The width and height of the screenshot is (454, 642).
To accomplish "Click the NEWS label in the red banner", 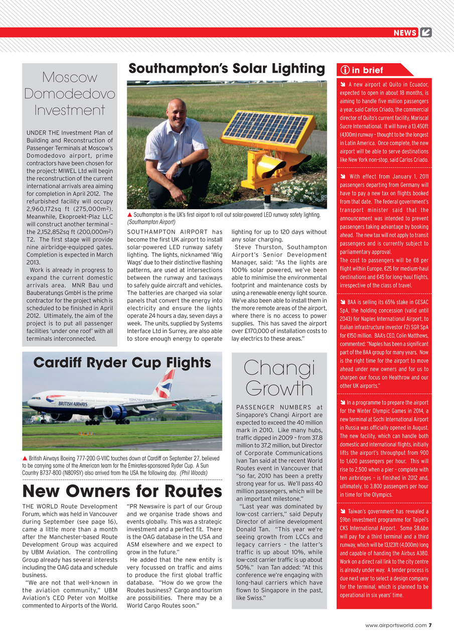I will coord(405,33).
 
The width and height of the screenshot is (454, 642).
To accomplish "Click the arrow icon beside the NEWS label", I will coord(426,33).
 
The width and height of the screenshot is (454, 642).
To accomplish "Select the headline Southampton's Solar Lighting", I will coord(227,69).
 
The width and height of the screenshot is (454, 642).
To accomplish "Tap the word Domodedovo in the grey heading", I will coord(70,94).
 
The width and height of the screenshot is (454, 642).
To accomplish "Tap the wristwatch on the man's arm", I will coord(179,163).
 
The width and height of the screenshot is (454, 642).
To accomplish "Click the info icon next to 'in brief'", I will coord(345,70).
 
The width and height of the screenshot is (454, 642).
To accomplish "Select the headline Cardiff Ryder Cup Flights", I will coord(122,362).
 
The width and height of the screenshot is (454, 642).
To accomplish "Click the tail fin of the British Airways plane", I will coord(165,382).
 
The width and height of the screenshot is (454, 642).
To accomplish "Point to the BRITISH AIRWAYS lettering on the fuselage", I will coord(73,404).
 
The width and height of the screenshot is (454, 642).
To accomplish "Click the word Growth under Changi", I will coord(279,388).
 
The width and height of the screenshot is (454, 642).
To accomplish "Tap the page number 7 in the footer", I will coord(430,625).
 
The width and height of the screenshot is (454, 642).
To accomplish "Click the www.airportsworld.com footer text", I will coord(396,625).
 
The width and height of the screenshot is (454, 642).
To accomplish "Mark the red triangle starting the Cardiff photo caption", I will coord(25,458).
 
